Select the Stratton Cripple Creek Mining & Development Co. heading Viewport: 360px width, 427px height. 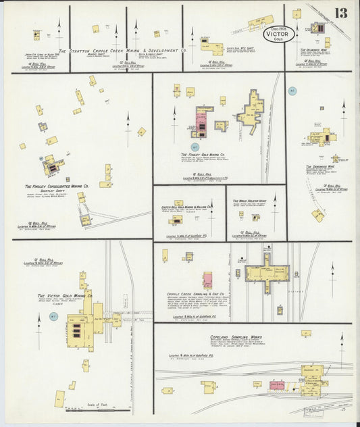point(122,50)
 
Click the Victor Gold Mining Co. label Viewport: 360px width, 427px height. point(66,296)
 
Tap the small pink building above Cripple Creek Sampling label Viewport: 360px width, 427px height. point(207,280)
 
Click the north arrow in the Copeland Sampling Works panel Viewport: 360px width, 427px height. point(342,340)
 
